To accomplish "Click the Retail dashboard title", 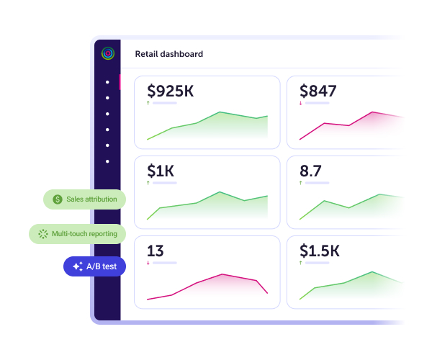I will click(168, 54).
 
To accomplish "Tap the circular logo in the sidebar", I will click(107, 53).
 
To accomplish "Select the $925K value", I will click(170, 91).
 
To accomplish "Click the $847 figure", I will click(318, 91).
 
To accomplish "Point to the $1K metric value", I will click(161, 171).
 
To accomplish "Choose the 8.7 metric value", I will click(310, 171).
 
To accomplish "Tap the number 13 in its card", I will click(156, 251).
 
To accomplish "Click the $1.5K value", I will click(320, 251).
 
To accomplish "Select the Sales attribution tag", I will click(85, 199).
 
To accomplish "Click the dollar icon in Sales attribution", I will click(58, 199).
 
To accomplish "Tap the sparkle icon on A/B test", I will click(78, 266).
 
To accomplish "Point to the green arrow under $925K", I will click(148, 103).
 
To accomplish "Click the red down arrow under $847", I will click(300, 103).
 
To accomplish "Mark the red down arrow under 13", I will click(148, 263).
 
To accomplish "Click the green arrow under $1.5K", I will click(300, 263).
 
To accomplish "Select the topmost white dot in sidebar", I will click(107, 81).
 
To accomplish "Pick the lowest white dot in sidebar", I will click(107, 161).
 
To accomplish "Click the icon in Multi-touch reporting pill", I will click(42, 234).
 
